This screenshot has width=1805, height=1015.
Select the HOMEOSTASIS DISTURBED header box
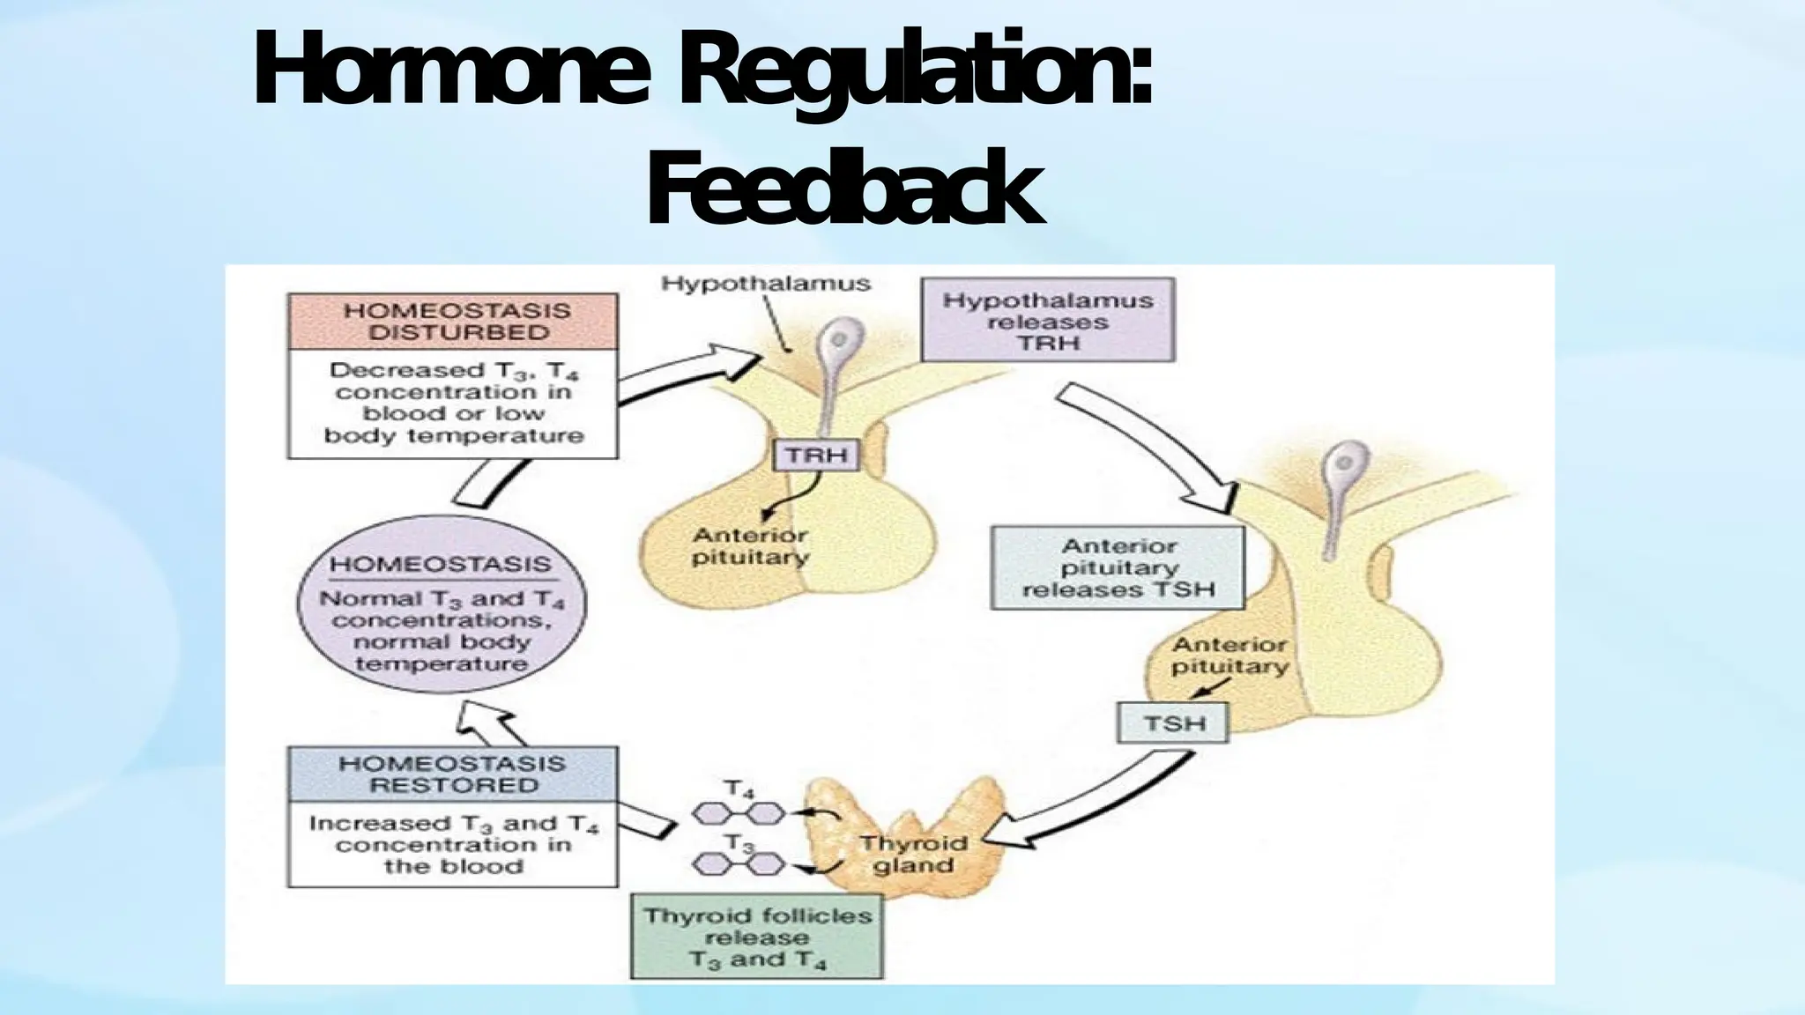pos(453,322)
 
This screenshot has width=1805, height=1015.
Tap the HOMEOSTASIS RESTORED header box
pos(453,774)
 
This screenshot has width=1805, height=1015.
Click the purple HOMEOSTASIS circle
pos(442,604)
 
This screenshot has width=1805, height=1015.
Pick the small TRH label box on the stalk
pos(816,456)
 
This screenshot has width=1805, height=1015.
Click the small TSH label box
pos(1173,723)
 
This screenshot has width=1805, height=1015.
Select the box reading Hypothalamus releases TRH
pos(1048,321)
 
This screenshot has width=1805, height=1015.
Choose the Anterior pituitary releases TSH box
pos(1118,568)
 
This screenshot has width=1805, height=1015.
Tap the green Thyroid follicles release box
pos(757,937)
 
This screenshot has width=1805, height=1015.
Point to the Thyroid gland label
pos(913,854)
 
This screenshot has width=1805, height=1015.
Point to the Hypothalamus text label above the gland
pos(765,284)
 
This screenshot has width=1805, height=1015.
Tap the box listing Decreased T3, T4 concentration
pos(453,404)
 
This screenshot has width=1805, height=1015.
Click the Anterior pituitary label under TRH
pos(750,546)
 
